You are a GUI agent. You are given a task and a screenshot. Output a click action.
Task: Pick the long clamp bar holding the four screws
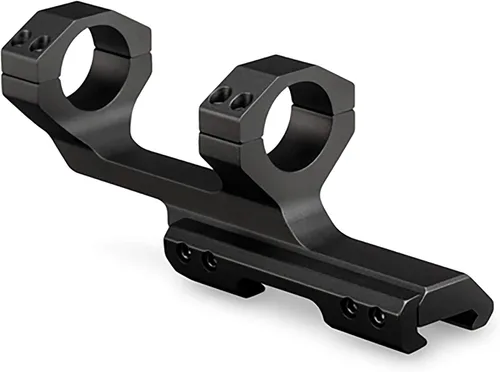[280, 285]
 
